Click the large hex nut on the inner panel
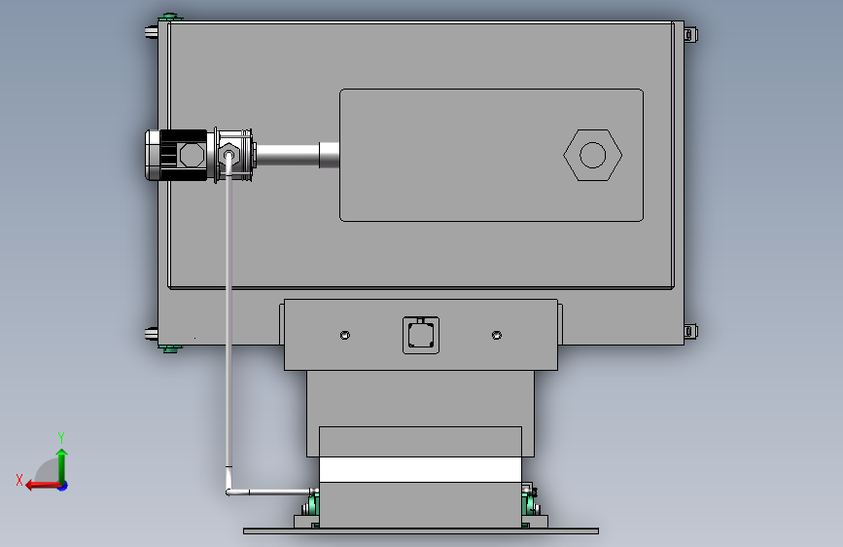593,155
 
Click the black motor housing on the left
176,155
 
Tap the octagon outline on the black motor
192,155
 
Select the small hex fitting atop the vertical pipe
229,155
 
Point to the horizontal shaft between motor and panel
288,155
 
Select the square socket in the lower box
421,336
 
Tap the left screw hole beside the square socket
345,336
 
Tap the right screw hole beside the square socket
497,336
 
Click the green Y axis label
61,437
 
